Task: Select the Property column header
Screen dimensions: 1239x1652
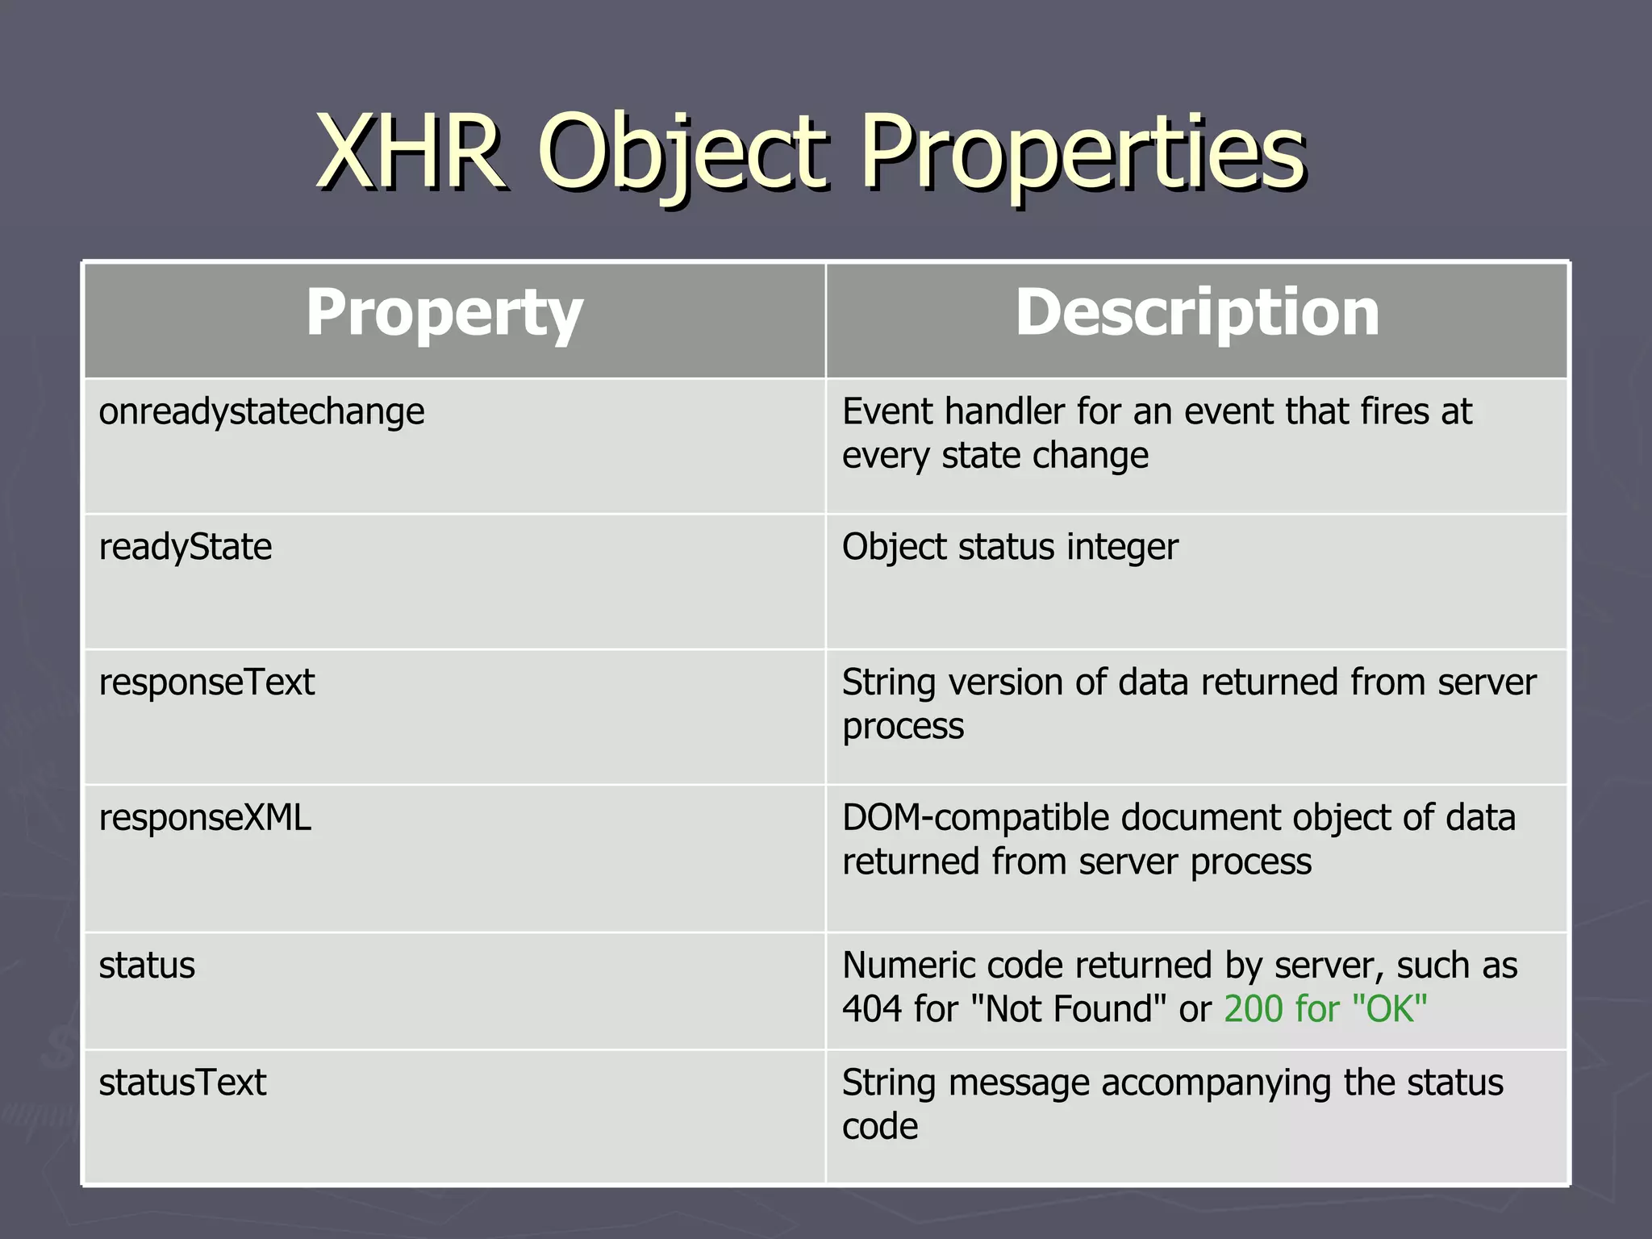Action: tap(444, 313)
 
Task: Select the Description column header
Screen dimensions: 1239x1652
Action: tap(1197, 313)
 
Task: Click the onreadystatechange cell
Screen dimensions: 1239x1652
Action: tap(261, 412)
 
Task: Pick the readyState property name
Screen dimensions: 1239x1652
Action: tap(186, 548)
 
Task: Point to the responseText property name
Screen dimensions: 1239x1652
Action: tap(206, 683)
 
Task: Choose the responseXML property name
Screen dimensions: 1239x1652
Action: tap(205, 819)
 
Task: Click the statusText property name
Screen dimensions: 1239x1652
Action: tap(182, 1083)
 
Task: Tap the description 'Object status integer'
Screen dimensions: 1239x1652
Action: tap(1010, 548)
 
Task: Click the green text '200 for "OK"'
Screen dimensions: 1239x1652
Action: tap(1325, 1010)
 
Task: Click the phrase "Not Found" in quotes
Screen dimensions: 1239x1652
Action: tap(1070, 1010)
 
